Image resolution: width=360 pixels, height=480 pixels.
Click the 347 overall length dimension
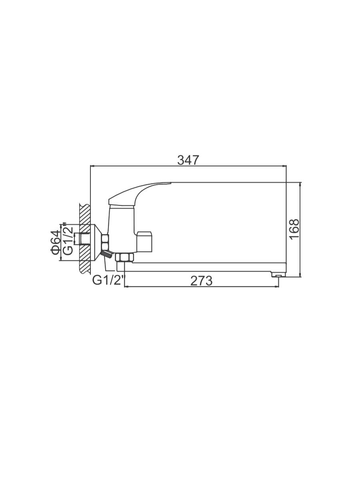point(188,160)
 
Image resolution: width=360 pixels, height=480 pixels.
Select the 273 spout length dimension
point(201,281)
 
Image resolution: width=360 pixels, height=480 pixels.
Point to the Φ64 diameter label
point(56,242)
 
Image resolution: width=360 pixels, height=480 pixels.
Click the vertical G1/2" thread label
point(68,239)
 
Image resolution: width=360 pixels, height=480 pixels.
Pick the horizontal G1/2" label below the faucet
point(108,280)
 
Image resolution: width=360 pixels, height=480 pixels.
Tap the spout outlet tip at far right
point(278,274)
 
